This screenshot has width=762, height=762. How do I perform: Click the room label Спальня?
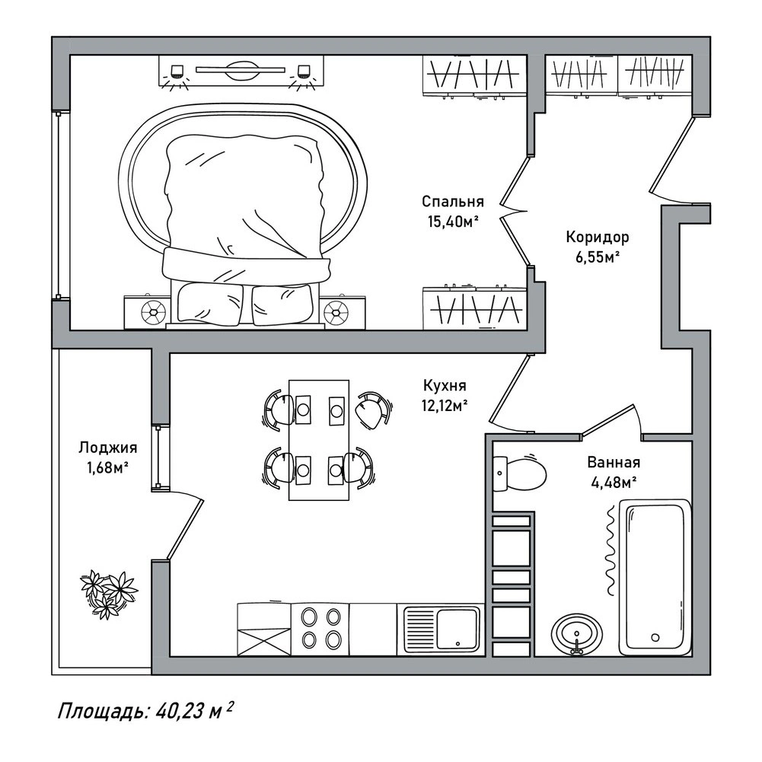tap(452, 202)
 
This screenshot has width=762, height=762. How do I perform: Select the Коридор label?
tap(598, 238)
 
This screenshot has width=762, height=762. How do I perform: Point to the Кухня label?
tap(445, 385)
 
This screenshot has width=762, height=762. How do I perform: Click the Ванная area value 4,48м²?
tap(614, 483)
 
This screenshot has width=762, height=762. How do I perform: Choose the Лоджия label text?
tap(108, 448)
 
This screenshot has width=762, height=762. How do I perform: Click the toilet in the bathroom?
tap(519, 473)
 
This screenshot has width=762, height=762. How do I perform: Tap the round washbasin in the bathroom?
tap(577, 635)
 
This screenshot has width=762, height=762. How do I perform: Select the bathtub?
tap(655, 577)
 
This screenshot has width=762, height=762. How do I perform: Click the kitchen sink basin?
tap(458, 629)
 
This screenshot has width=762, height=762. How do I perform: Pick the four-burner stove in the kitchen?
tap(320, 630)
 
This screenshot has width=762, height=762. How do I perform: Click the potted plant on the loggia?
tap(109, 594)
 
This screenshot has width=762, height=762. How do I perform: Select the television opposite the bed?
tap(241, 71)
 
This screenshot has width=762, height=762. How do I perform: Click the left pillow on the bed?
tap(210, 304)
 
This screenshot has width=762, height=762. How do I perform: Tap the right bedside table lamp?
tap(336, 311)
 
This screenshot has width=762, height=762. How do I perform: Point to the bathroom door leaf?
tap(608, 419)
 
